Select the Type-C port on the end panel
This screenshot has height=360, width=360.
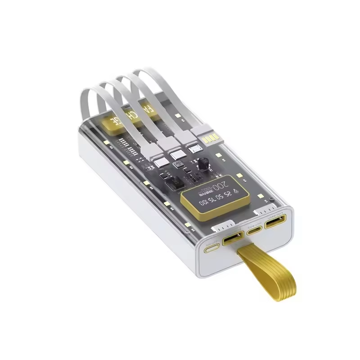(254, 231)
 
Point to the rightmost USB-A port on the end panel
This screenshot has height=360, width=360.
(274, 221)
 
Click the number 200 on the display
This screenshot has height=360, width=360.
(221, 184)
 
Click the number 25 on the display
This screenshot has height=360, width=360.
(230, 194)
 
